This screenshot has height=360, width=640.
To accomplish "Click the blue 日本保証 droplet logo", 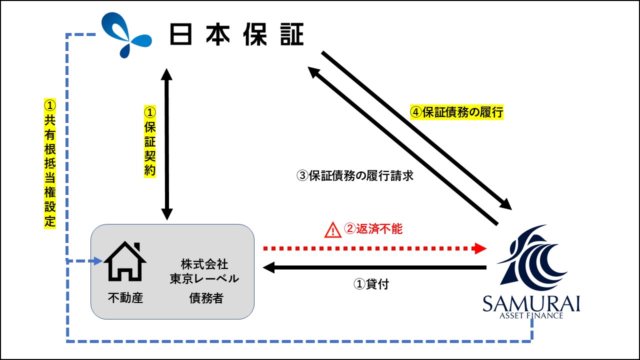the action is pos(125,35).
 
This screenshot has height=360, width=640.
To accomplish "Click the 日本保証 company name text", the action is pos(236,34).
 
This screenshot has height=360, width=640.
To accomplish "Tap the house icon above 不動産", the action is pos(125,261).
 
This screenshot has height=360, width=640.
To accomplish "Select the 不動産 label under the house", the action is pos(125,297).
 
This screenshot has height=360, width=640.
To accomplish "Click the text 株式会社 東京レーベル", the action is pos(204,271).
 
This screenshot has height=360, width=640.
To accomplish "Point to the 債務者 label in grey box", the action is pos(206,298).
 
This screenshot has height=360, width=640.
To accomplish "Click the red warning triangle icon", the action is pos(332,230).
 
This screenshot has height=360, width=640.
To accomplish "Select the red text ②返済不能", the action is pos(373,229).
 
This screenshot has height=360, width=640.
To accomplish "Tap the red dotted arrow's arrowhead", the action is pos(480,248).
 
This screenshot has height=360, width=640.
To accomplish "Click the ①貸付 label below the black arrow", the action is pos(371,284).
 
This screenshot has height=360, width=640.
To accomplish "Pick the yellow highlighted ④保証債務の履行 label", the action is pos(456,112).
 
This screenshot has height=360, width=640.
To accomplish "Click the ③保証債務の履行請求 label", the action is pos(355,175).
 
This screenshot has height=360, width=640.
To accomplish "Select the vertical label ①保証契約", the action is pos(149,141).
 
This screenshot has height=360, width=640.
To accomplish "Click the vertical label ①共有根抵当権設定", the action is pos(49,163).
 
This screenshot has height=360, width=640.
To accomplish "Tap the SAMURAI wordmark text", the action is pos(531,303).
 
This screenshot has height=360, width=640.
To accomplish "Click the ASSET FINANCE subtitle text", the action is pos(531,315).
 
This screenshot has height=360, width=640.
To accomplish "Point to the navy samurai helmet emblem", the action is pos(531,258).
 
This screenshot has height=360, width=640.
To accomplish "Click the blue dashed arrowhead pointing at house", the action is pos(98,261).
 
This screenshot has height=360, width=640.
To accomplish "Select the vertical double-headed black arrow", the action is pos(167,144).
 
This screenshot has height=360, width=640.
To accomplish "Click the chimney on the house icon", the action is pos(137,247).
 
